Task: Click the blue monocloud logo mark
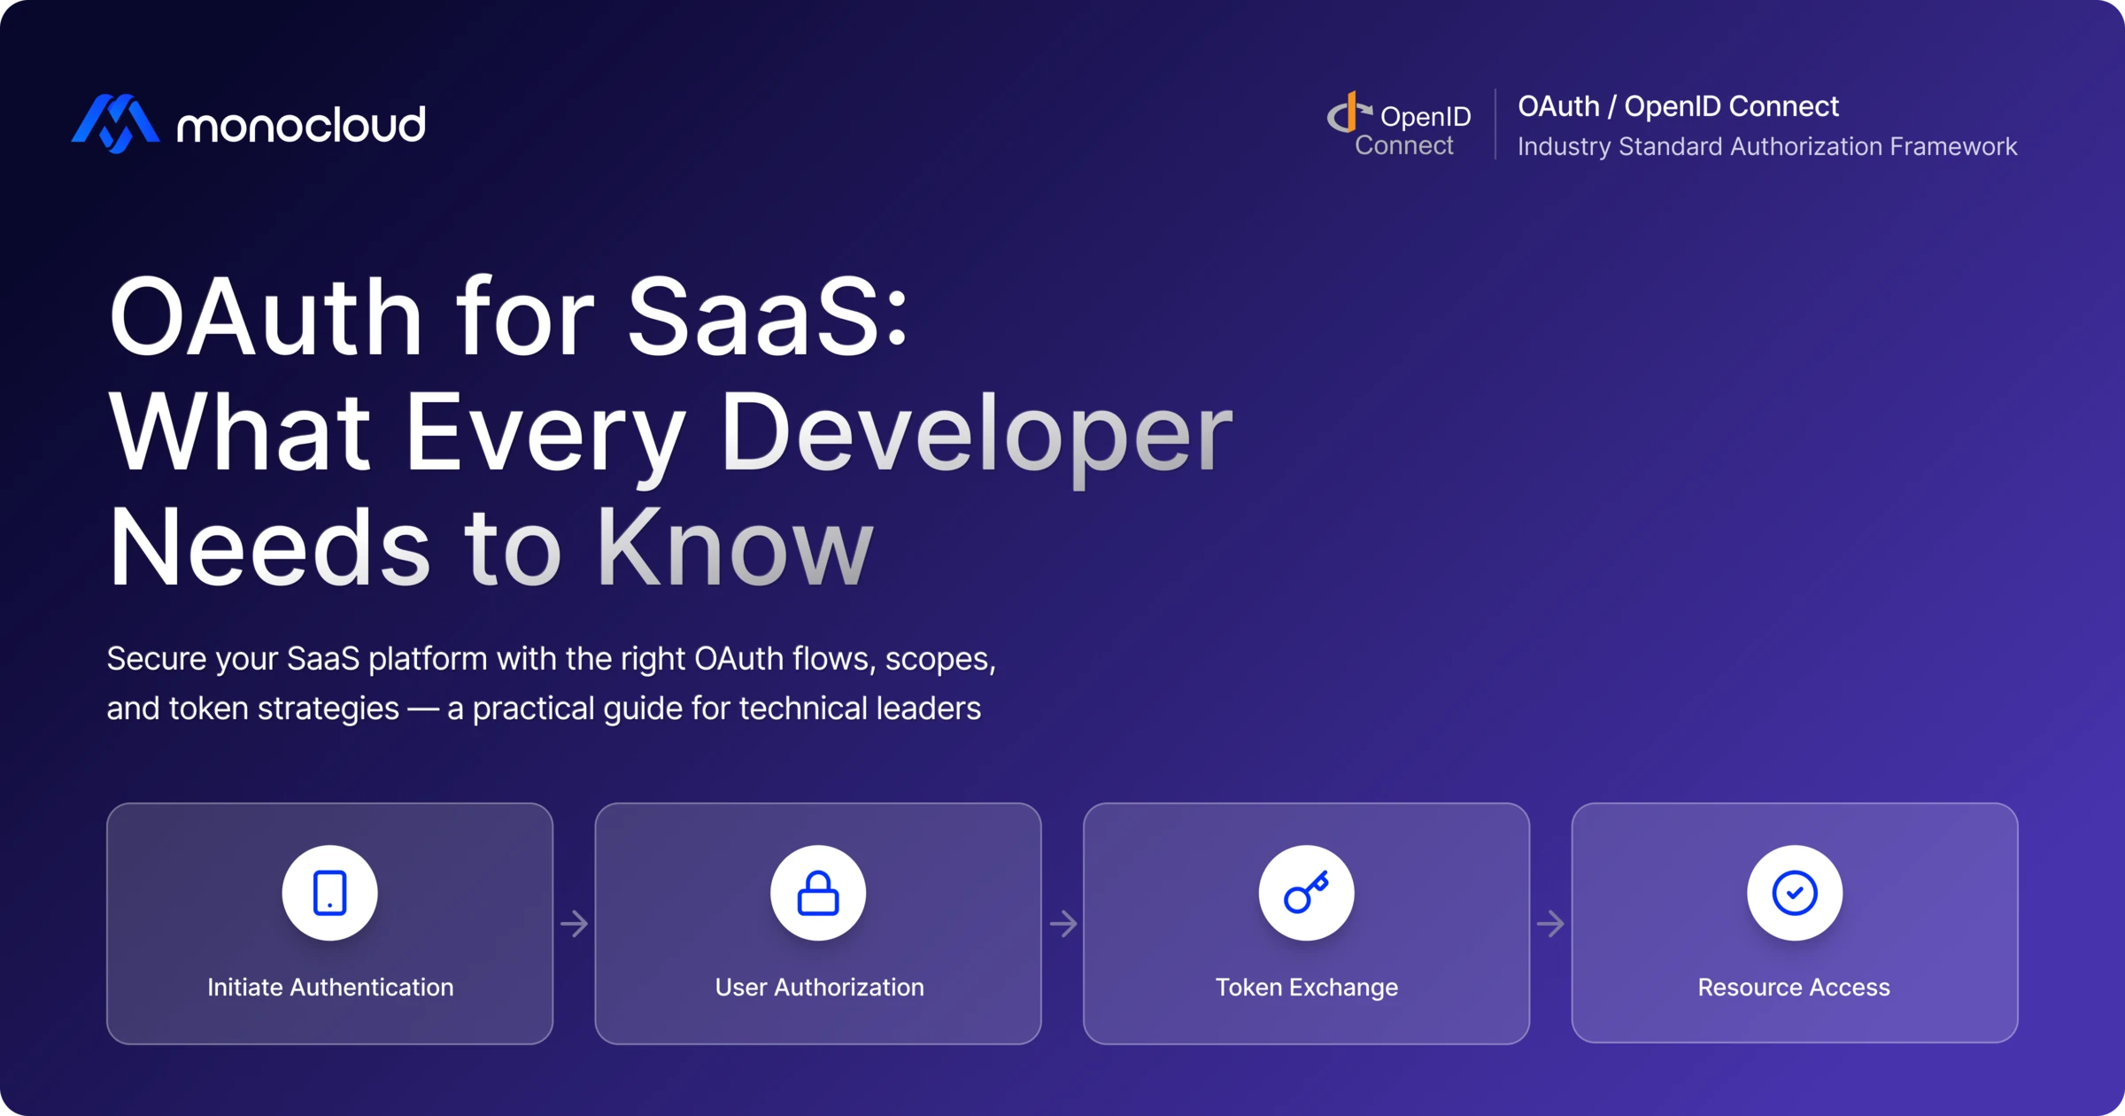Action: [116, 123]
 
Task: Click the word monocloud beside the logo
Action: [301, 125]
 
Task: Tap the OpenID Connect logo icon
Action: [1347, 115]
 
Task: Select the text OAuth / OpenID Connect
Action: [1678, 106]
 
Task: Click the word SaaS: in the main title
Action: [768, 316]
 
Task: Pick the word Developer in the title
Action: [976, 433]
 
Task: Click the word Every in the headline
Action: [545, 433]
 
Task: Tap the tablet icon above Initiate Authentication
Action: [329, 893]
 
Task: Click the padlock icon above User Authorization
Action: [818, 893]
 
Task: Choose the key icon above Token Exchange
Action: [1306, 893]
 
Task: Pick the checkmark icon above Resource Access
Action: [1795, 893]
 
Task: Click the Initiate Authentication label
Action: [330, 987]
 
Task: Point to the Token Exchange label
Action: [1306, 987]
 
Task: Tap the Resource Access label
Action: [1794, 987]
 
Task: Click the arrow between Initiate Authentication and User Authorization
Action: [575, 924]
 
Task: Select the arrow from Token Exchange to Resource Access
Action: [1550, 924]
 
